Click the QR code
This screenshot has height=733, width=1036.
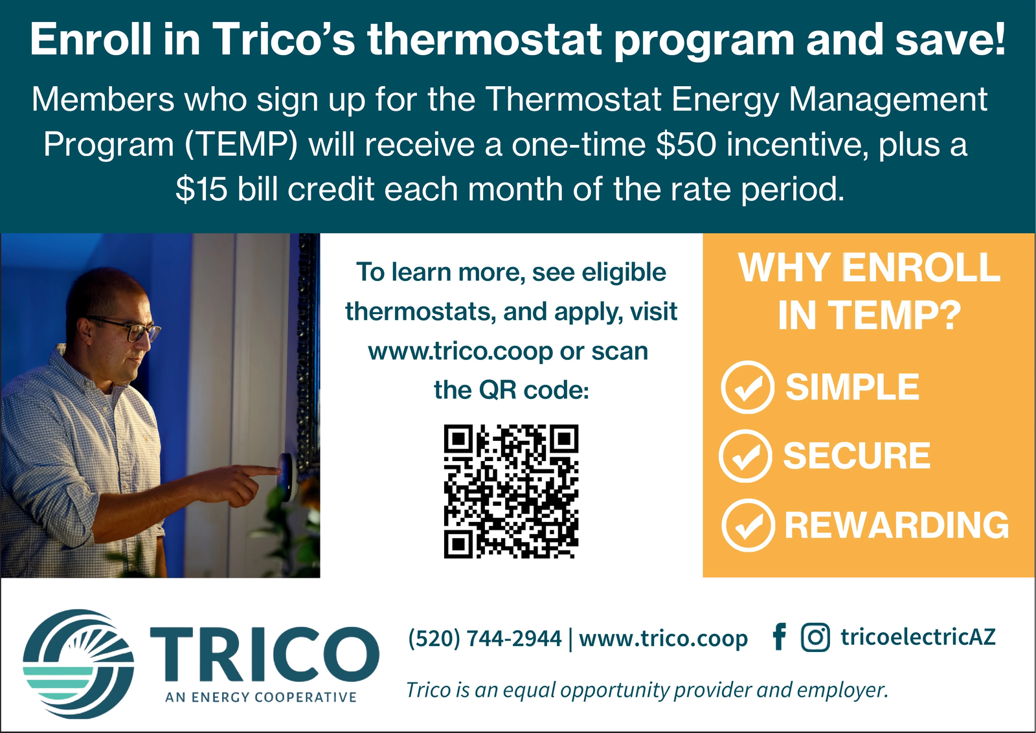(x=511, y=491)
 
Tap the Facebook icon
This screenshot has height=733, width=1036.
(x=780, y=637)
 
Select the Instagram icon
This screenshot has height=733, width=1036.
(x=815, y=637)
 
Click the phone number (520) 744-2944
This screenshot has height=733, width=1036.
(x=485, y=638)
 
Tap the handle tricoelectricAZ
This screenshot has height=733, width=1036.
(x=918, y=637)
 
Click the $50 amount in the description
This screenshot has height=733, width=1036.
(x=686, y=144)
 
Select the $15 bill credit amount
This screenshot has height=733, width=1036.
(x=201, y=189)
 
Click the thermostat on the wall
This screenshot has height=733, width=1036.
(x=286, y=477)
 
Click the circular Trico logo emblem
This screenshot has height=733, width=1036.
(x=78, y=664)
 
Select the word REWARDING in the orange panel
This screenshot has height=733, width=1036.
(x=897, y=525)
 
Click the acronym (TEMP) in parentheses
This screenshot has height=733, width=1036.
(x=240, y=145)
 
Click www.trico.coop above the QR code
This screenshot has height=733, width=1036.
(x=460, y=352)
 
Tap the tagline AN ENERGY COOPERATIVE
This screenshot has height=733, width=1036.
(x=261, y=697)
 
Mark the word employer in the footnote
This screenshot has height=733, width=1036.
(x=842, y=690)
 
